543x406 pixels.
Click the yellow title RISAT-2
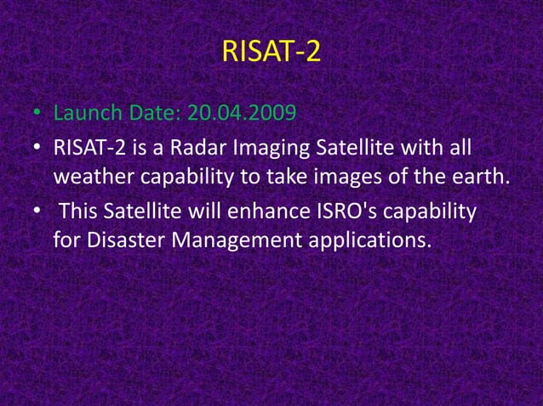pos(271,53)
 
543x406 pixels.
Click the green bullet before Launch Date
pos(38,114)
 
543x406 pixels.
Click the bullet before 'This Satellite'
pos(38,211)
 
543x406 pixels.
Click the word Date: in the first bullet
pos(150,113)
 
